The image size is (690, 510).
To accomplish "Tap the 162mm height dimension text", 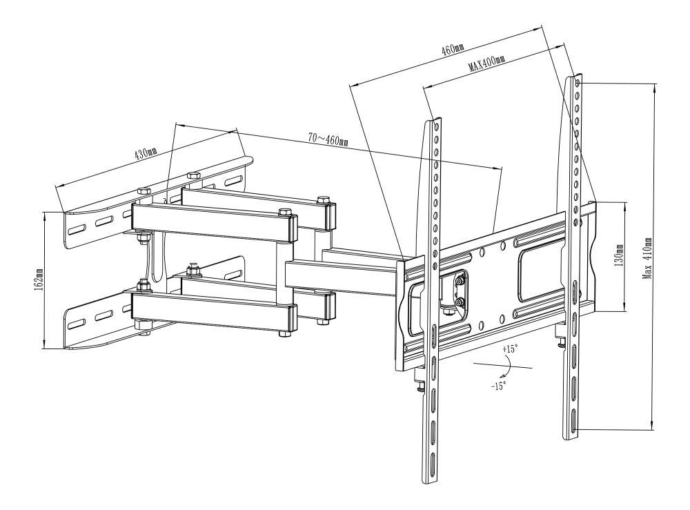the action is coord(38,279).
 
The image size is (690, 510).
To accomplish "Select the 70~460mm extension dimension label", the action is coord(328,140).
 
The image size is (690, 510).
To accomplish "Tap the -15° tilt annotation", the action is coord(499,386).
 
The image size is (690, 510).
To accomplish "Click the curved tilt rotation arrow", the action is coord(509,365).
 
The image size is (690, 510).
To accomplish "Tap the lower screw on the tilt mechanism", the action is coord(460,302).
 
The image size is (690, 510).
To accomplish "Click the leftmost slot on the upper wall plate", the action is coord(77,230).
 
